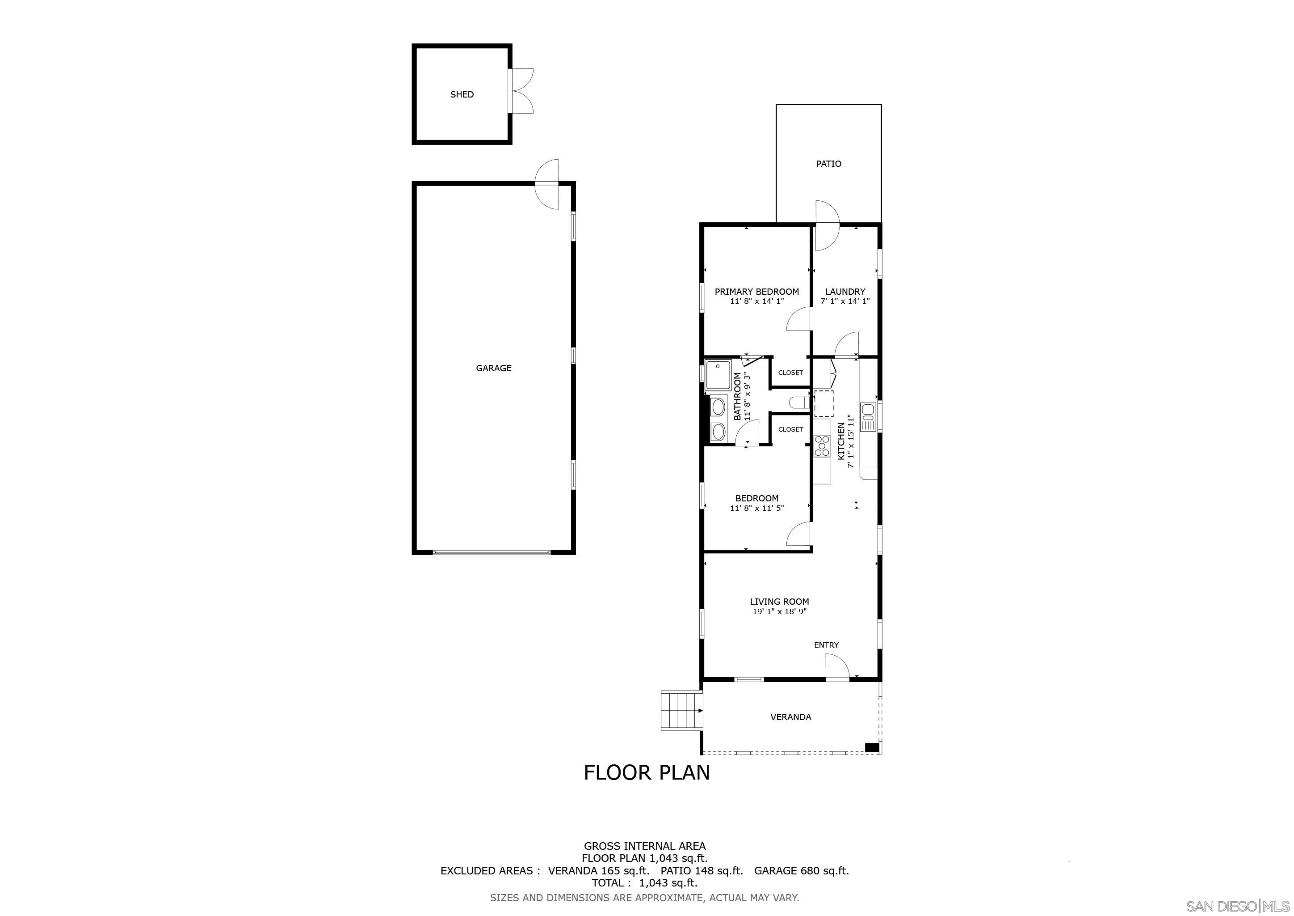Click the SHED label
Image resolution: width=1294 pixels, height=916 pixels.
click(462, 95)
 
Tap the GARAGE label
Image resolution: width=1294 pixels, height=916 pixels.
click(494, 368)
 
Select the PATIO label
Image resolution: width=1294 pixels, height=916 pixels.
click(828, 164)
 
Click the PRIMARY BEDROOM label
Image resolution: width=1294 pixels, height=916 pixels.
click(756, 292)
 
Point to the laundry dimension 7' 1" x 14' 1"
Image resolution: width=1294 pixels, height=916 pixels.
click(845, 301)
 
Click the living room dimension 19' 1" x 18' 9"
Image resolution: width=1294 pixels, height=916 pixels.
click(779, 611)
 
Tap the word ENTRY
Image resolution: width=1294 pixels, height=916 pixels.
click(826, 645)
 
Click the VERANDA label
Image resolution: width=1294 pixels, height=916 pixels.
click(791, 717)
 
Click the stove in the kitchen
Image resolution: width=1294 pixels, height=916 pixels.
click(822, 445)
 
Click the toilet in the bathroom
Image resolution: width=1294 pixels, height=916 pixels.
click(799, 403)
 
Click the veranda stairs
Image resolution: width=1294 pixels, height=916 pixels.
click(682, 711)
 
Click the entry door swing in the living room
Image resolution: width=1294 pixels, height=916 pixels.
click(837, 667)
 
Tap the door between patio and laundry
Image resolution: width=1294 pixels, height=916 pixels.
click(827, 225)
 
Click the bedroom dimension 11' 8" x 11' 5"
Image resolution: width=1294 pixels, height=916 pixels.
click(756, 508)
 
